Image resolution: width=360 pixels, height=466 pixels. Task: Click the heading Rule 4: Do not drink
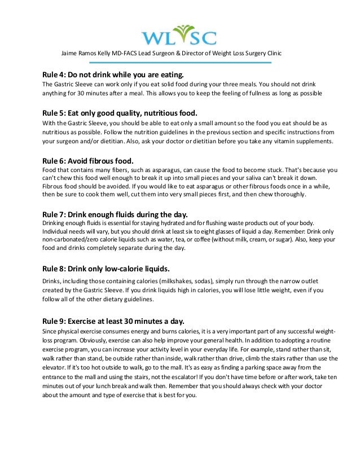(x=113, y=74)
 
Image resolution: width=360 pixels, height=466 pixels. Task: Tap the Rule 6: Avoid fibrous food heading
(x=90, y=159)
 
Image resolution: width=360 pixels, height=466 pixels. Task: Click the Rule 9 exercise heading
(x=121, y=321)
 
